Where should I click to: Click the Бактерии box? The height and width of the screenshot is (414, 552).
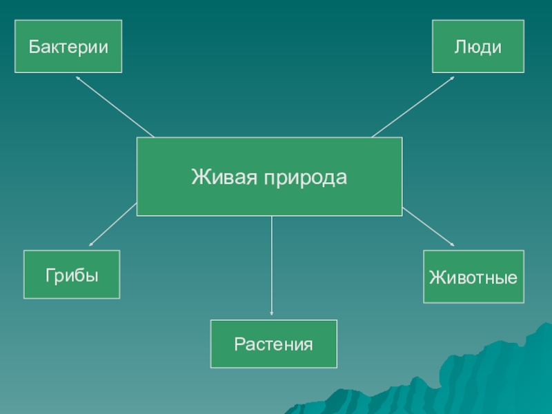coord(68,46)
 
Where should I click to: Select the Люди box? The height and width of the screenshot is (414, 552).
coord(477,46)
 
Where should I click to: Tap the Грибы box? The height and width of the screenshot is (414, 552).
coord(72,275)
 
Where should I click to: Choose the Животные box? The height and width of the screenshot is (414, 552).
coord(473,277)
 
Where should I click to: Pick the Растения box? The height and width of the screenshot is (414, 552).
coord(273,343)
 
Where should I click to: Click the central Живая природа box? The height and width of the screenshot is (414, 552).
coord(269,177)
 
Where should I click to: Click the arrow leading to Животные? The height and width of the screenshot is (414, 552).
coord(428,228)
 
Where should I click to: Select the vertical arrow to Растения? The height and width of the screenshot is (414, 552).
coord(272,266)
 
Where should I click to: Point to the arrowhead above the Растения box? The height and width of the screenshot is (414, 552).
coord(272,314)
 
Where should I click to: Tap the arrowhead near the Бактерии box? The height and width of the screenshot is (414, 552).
coord(78,78)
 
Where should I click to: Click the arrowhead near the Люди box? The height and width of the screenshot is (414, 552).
coord(452,78)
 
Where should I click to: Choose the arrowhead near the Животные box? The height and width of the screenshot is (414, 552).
coord(452,244)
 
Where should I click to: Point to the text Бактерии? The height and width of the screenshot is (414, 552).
coord(68,47)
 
